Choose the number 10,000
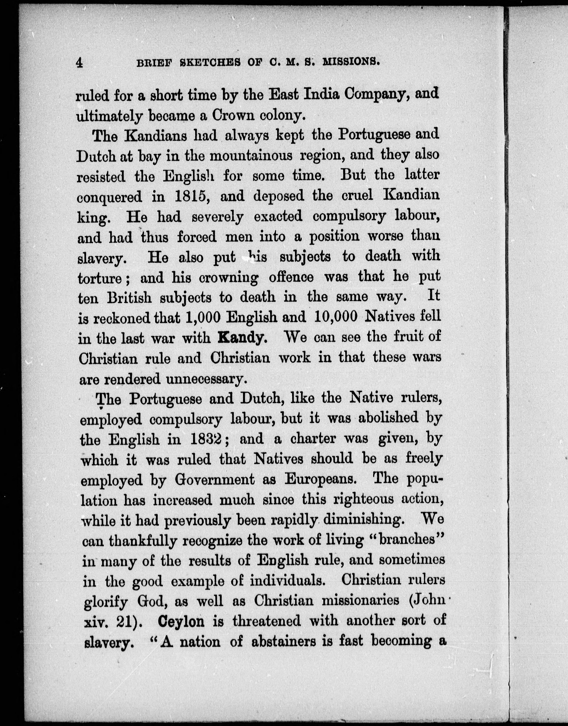[x=335, y=317]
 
